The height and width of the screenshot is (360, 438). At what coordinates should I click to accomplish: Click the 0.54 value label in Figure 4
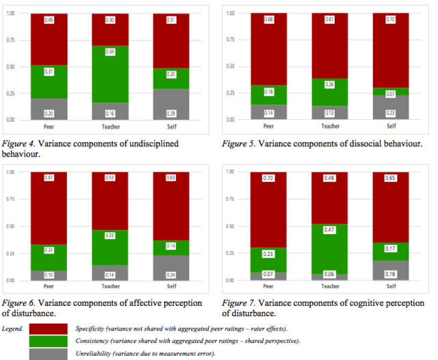tap(111, 52)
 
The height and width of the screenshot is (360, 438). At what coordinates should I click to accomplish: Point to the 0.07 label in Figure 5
tap(391, 94)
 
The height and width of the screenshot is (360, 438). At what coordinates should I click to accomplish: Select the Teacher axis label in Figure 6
tap(111, 285)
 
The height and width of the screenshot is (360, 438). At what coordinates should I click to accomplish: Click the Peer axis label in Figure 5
tap(268, 126)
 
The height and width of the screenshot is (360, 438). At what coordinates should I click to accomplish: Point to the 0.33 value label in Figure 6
tap(111, 235)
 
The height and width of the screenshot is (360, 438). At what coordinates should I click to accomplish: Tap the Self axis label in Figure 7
tap(391, 285)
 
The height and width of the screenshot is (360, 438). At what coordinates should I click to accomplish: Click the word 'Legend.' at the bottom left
tap(14, 329)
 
